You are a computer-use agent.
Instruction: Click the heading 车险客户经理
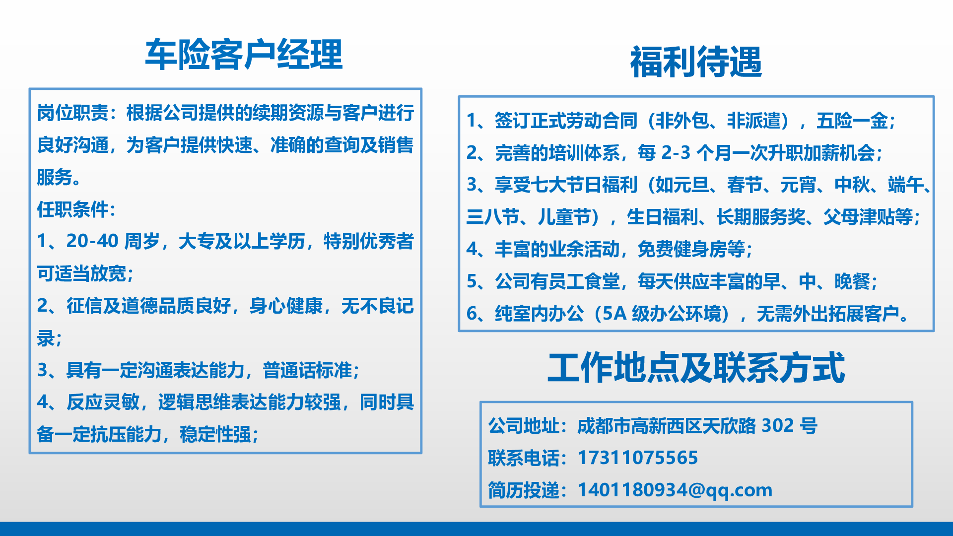click(244, 54)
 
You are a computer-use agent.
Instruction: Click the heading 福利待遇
click(696, 62)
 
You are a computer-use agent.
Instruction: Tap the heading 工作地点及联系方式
click(696, 368)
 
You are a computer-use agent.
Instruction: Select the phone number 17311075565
click(638, 458)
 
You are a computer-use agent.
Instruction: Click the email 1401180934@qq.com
click(675, 490)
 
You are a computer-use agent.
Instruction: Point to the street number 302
click(778, 425)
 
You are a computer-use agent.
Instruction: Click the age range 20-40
click(92, 241)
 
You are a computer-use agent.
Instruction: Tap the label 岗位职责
click(72, 113)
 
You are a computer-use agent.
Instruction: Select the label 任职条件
click(72, 209)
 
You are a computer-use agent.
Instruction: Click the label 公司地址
click(524, 425)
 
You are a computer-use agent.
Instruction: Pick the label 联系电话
click(524, 458)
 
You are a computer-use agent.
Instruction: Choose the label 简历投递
click(524, 490)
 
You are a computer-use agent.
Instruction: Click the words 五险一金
click(852, 121)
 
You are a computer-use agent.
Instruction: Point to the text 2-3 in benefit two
click(676, 153)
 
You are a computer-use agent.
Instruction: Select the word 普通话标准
click(307, 370)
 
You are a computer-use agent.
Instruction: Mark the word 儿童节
click(564, 217)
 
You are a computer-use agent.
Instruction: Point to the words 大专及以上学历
click(241, 241)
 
